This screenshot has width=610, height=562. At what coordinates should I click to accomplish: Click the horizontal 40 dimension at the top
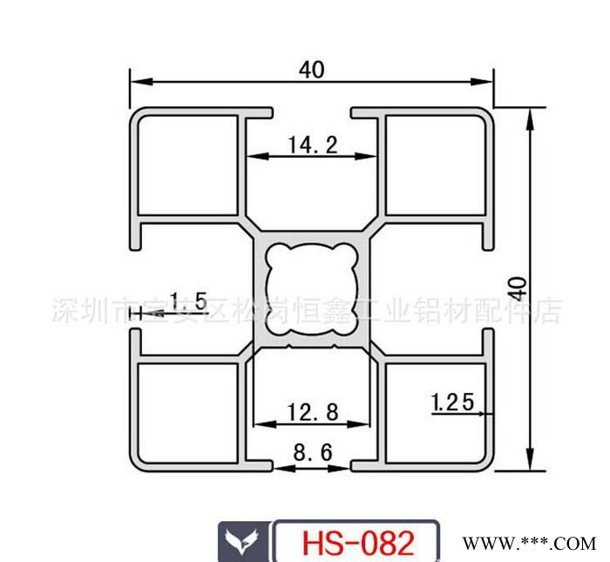pyautogui.click(x=310, y=71)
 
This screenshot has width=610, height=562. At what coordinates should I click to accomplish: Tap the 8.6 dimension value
pyautogui.click(x=311, y=453)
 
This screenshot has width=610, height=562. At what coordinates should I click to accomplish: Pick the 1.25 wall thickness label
pyautogui.click(x=451, y=402)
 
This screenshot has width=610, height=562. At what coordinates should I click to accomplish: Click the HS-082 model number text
pyautogui.click(x=357, y=543)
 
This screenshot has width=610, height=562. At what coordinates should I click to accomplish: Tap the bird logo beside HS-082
pyautogui.click(x=241, y=542)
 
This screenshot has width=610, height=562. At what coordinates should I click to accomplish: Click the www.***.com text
pyautogui.click(x=528, y=543)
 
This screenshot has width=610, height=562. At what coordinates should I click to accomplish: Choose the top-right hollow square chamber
pyautogui.click(x=433, y=166)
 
